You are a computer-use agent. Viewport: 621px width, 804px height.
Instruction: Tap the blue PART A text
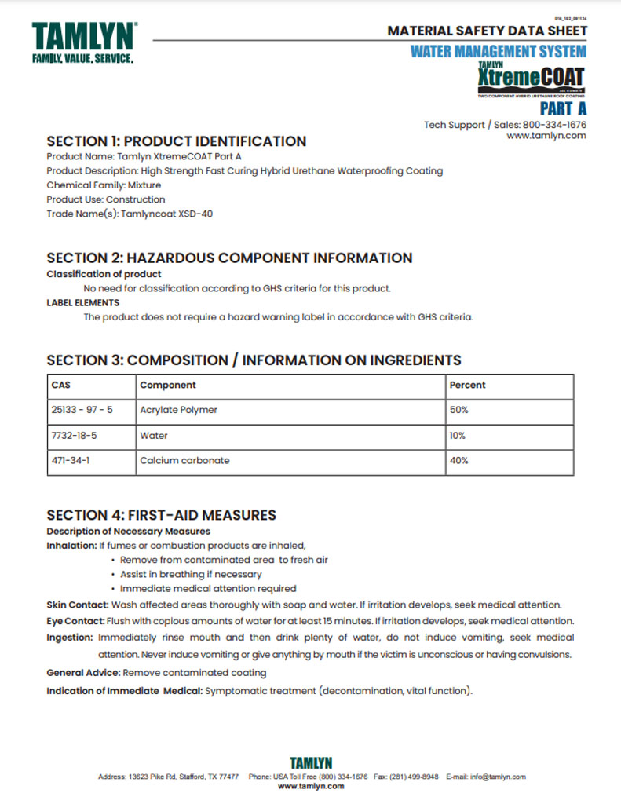[562, 108]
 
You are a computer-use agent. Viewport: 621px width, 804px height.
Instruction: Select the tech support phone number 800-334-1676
[554, 124]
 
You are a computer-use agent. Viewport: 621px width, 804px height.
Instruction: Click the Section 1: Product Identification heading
[176, 142]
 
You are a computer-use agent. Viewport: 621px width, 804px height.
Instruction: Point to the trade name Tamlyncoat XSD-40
[166, 214]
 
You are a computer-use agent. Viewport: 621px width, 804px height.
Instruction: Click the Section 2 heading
[229, 258]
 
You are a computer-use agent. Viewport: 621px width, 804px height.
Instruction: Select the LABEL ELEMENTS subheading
[83, 302]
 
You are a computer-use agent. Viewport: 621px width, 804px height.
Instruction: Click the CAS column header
[60, 386]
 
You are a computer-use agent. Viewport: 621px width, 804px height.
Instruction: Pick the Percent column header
[467, 386]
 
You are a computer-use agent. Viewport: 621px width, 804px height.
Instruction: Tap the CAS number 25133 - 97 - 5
[82, 410]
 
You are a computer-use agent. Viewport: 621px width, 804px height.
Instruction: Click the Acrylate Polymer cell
[178, 410]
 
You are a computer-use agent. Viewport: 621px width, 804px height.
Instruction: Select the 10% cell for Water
[457, 435]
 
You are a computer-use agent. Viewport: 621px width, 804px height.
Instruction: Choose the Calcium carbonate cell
[184, 461]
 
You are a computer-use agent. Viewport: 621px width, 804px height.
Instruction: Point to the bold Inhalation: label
[71, 546]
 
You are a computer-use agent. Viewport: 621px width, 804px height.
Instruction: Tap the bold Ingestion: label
[70, 638]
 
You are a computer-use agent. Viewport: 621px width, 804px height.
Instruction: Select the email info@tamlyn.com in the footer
[499, 777]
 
